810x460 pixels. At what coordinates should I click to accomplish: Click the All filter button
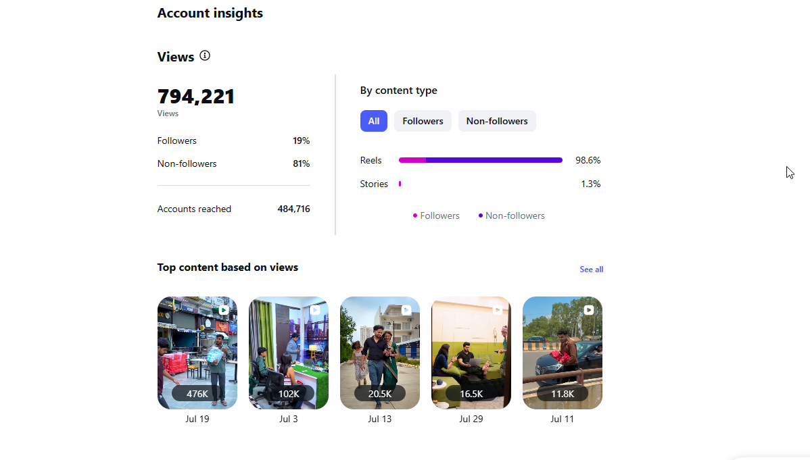373,121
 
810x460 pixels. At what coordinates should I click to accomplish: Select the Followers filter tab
423,121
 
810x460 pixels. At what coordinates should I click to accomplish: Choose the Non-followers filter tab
497,121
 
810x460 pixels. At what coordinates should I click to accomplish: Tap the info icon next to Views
205,56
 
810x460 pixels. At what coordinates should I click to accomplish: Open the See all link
592,270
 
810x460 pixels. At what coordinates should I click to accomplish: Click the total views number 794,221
196,97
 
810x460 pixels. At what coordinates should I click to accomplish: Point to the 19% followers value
301,141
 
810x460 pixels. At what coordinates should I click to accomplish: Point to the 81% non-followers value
301,163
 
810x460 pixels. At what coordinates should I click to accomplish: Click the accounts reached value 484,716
293,209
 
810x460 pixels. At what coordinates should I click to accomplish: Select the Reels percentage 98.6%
588,161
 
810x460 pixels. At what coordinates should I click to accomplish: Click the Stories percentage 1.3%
591,184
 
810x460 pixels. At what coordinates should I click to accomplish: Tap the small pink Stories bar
400,184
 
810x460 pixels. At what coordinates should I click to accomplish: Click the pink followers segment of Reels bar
412,160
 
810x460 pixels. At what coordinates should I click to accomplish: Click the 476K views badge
197,394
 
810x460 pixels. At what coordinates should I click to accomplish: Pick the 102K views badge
289,394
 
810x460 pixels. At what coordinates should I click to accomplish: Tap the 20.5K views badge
380,394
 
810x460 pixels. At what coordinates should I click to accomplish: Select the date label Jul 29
471,419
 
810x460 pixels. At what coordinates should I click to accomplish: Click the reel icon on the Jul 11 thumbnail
588,310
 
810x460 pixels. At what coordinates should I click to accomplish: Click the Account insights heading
210,13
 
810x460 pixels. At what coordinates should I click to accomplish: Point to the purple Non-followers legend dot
481,215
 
